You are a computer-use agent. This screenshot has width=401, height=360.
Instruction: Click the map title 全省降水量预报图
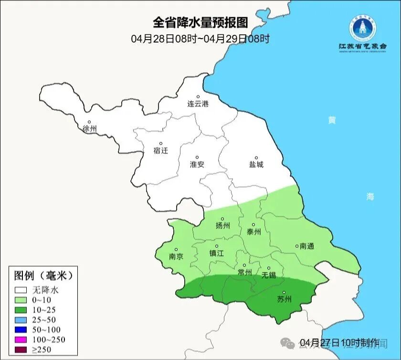pos(200,22)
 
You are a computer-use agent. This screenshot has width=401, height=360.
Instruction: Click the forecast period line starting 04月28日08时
pos(200,39)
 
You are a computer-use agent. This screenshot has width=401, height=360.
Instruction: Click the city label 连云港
pos(198,104)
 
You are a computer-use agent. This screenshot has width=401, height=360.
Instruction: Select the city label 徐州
pos(89,129)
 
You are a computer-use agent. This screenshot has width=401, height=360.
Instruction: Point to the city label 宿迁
pos(161,151)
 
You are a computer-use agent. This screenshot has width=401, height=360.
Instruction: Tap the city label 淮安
pos(197,164)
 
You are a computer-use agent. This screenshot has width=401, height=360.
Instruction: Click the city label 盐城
pos(256,165)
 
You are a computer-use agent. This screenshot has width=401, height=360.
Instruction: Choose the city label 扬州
pos(222,226)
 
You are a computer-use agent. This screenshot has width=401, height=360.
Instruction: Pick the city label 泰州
pos(253,232)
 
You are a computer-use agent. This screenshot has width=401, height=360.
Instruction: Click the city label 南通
pos(307,246)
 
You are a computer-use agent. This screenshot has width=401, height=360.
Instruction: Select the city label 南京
pos(176,256)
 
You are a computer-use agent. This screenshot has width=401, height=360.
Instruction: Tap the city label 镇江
pos(217,254)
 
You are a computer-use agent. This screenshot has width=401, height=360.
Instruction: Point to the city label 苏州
pos(284,300)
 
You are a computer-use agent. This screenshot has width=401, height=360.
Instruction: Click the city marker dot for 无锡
pos(268,268)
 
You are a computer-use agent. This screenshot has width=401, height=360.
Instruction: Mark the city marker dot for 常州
pos(244,265)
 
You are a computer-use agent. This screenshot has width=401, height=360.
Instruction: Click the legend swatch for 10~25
pos(21,309)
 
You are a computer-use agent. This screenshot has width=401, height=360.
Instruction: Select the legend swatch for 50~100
pos(21,329)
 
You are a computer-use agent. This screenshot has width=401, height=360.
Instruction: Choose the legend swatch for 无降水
pos(21,289)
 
